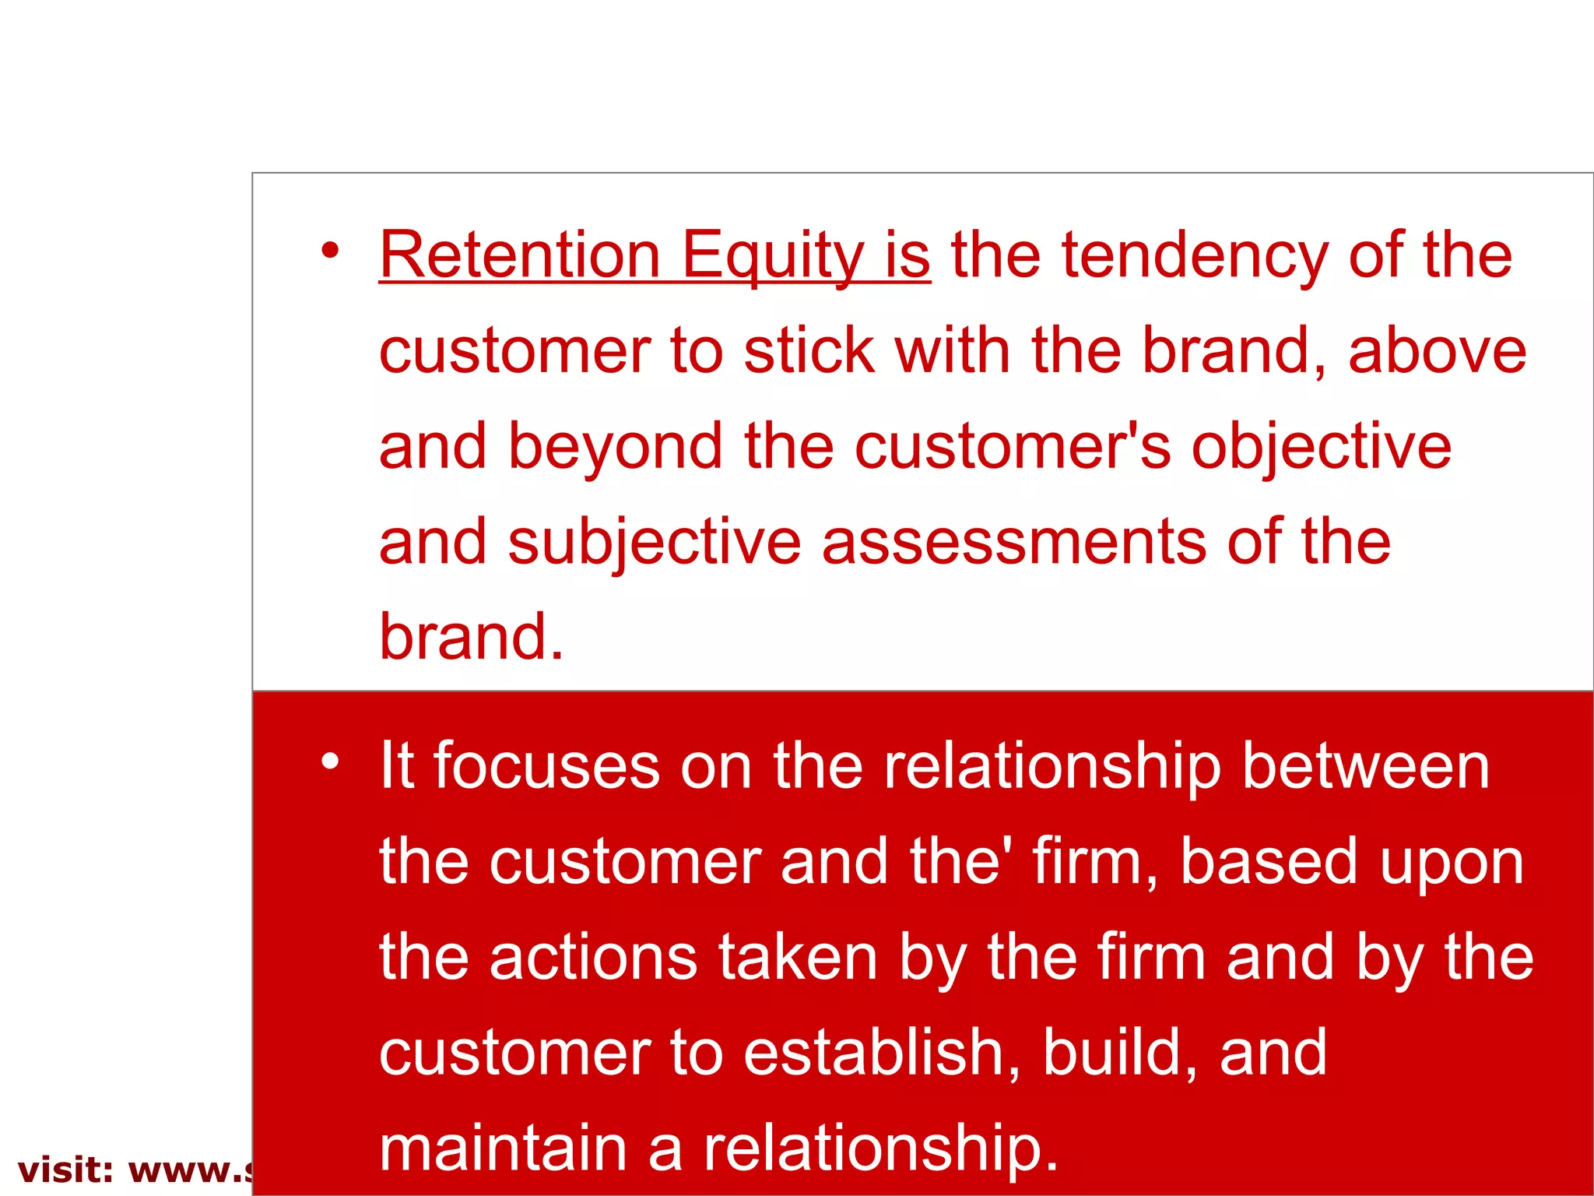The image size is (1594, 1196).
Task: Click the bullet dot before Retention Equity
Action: [330, 251]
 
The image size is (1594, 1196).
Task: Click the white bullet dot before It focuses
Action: [330, 762]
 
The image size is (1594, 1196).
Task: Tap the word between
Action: [1365, 766]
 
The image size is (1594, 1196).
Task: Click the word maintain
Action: [503, 1149]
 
